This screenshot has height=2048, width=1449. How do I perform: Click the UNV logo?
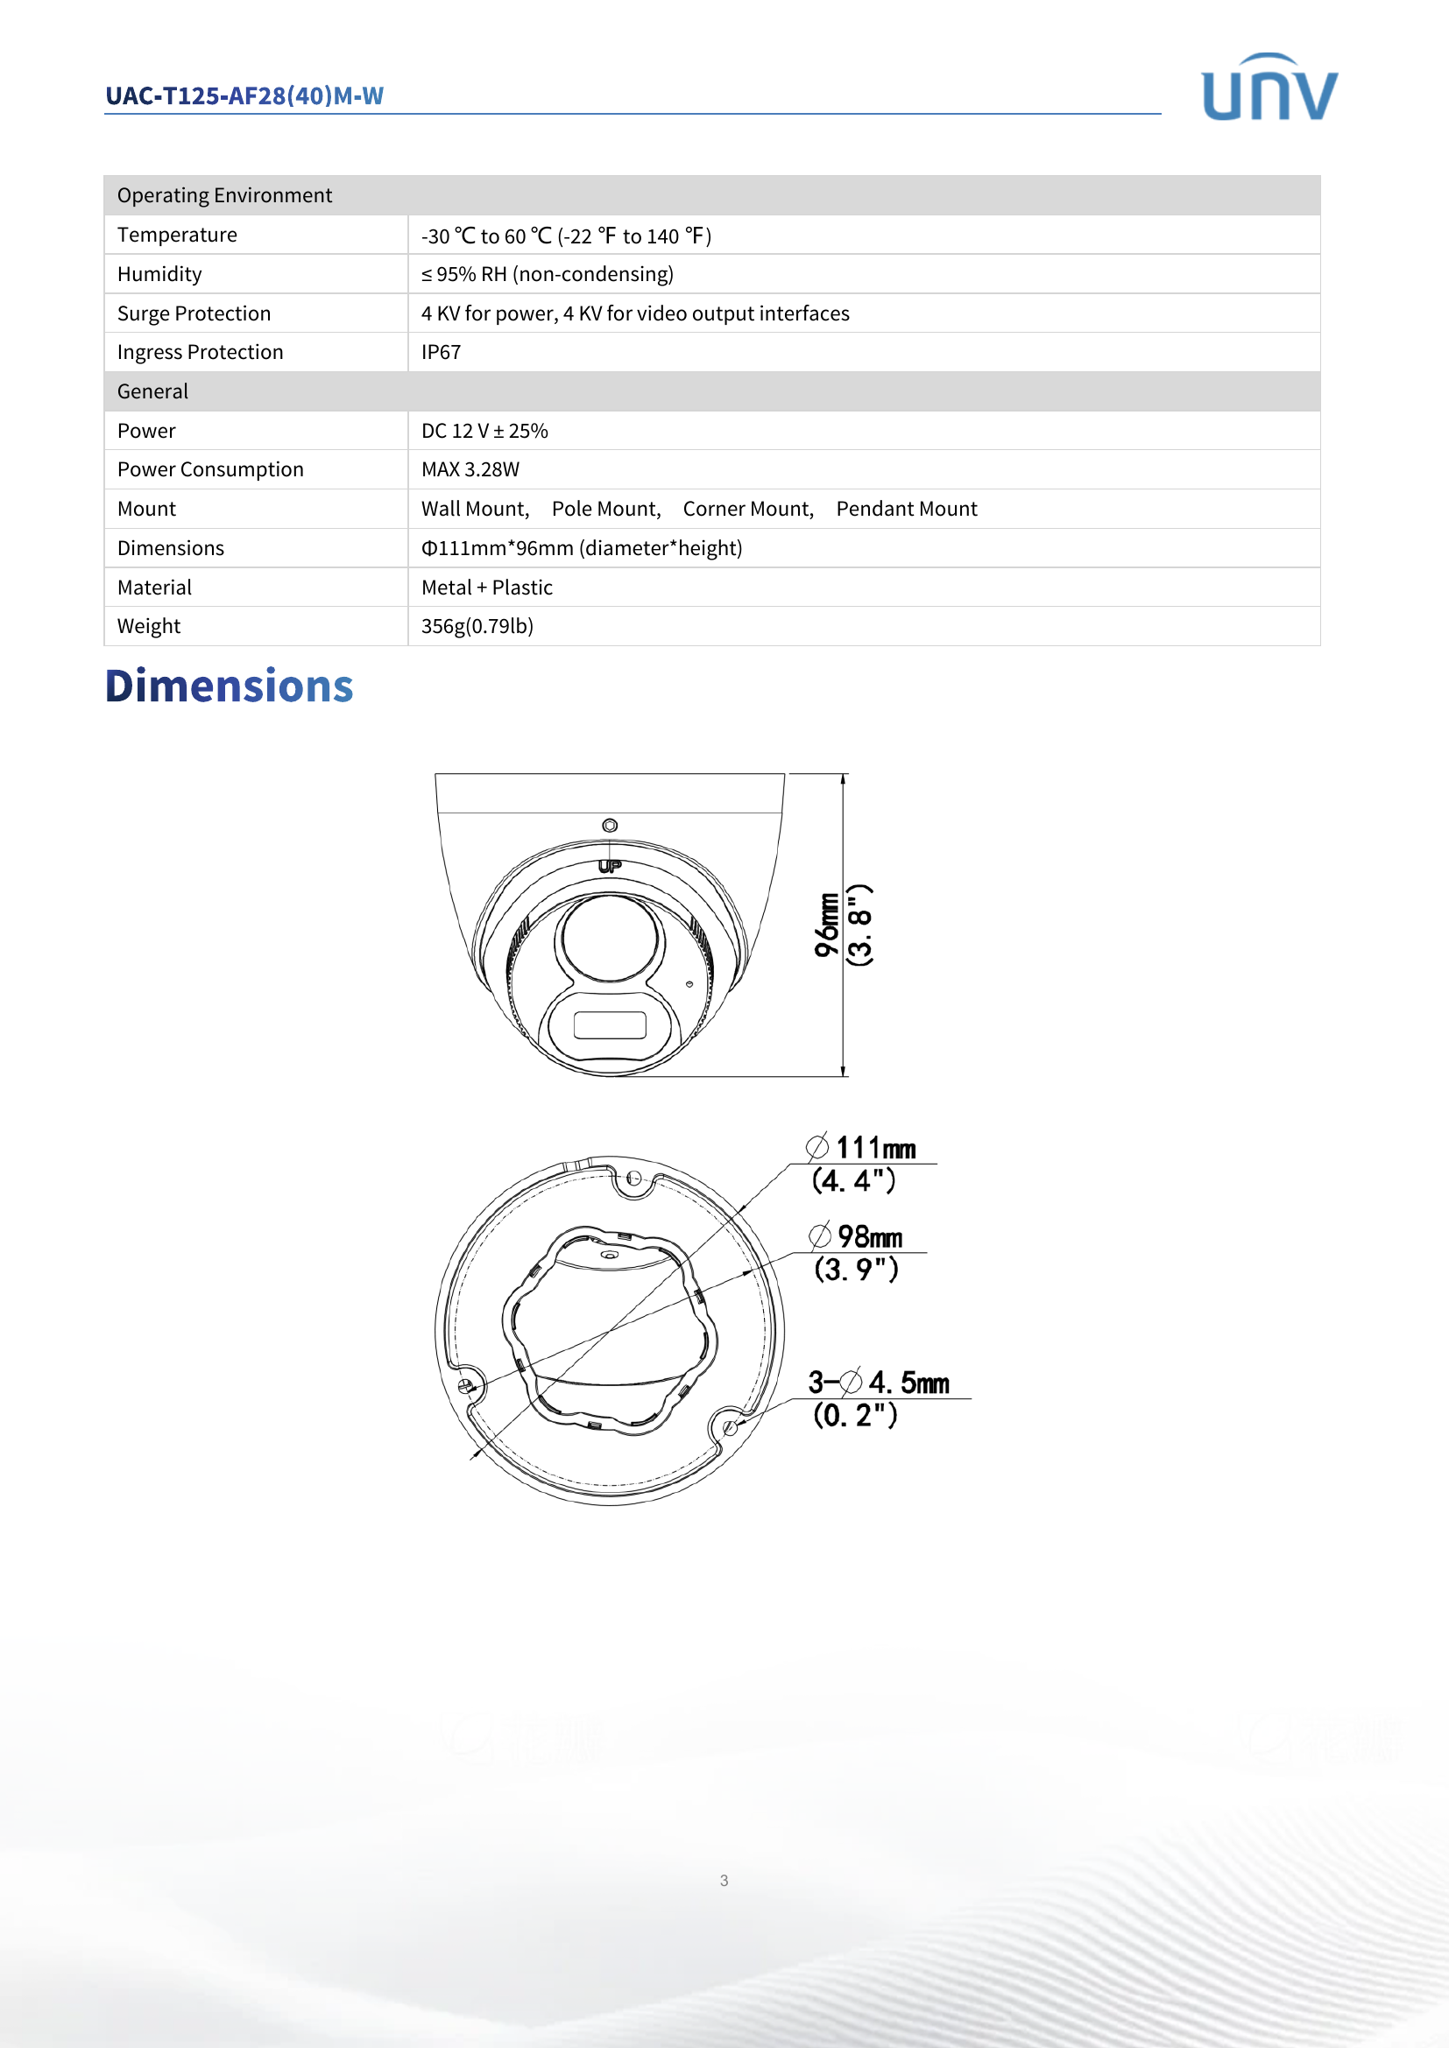click(1269, 88)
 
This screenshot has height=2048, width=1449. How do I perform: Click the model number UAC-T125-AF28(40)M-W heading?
click(244, 95)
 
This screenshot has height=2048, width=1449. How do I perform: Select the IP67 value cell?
click(441, 352)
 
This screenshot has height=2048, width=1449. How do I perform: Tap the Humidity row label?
click(159, 274)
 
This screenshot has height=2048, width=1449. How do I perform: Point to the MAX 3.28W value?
click(470, 469)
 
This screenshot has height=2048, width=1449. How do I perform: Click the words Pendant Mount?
click(906, 509)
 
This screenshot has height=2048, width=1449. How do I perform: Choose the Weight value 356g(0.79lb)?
click(477, 626)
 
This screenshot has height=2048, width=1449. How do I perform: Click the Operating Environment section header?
click(224, 195)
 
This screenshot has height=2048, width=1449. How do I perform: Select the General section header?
click(152, 391)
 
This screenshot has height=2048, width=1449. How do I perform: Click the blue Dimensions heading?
click(230, 686)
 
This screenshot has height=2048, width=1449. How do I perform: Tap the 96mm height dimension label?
click(827, 925)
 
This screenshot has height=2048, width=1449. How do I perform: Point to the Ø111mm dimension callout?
click(862, 1148)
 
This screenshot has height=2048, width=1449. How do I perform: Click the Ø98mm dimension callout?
click(857, 1236)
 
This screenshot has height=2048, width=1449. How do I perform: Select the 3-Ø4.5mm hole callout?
click(878, 1383)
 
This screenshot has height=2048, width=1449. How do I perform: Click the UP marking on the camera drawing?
click(610, 865)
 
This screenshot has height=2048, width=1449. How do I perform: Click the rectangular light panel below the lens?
click(610, 1025)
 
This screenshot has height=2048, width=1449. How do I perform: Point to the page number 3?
click(724, 1880)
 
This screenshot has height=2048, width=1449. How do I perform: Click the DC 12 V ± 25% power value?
click(484, 431)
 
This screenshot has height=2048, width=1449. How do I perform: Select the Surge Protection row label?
click(194, 313)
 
